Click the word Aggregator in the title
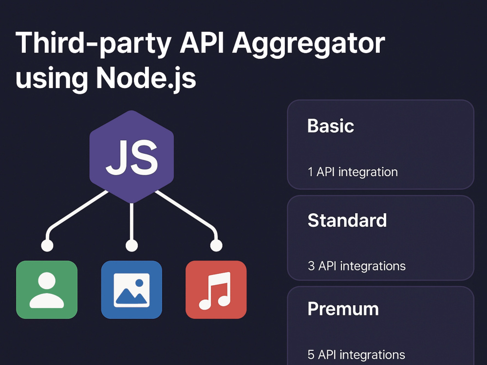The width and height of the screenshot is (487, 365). coord(309,44)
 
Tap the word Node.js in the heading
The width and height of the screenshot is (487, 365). coord(146,78)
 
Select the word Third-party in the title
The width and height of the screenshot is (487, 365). coord(94,44)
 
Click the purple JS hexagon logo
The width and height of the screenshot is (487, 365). coord(131,157)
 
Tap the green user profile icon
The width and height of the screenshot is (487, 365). coord(47,290)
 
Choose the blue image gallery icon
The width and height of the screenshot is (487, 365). coord(131,290)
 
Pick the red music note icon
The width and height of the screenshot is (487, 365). coord(216,290)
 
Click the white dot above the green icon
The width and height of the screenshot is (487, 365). coord(47,245)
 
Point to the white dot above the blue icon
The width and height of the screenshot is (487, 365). coord(131,245)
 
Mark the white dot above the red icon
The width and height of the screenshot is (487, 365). coord(216,245)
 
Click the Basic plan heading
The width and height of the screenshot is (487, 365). coord(331,126)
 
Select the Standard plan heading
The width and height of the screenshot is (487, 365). coord(347,220)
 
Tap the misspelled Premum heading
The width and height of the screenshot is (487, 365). coord(343,309)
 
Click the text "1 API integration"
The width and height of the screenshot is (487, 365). coord(353,172)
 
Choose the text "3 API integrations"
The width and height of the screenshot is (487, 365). coord(356,266)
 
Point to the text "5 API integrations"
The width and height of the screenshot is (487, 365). coord(356,354)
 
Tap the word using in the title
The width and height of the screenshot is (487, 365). coord(52,79)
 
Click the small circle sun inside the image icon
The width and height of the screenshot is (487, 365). coord(139,283)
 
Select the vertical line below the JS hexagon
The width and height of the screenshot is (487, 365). coord(131,221)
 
